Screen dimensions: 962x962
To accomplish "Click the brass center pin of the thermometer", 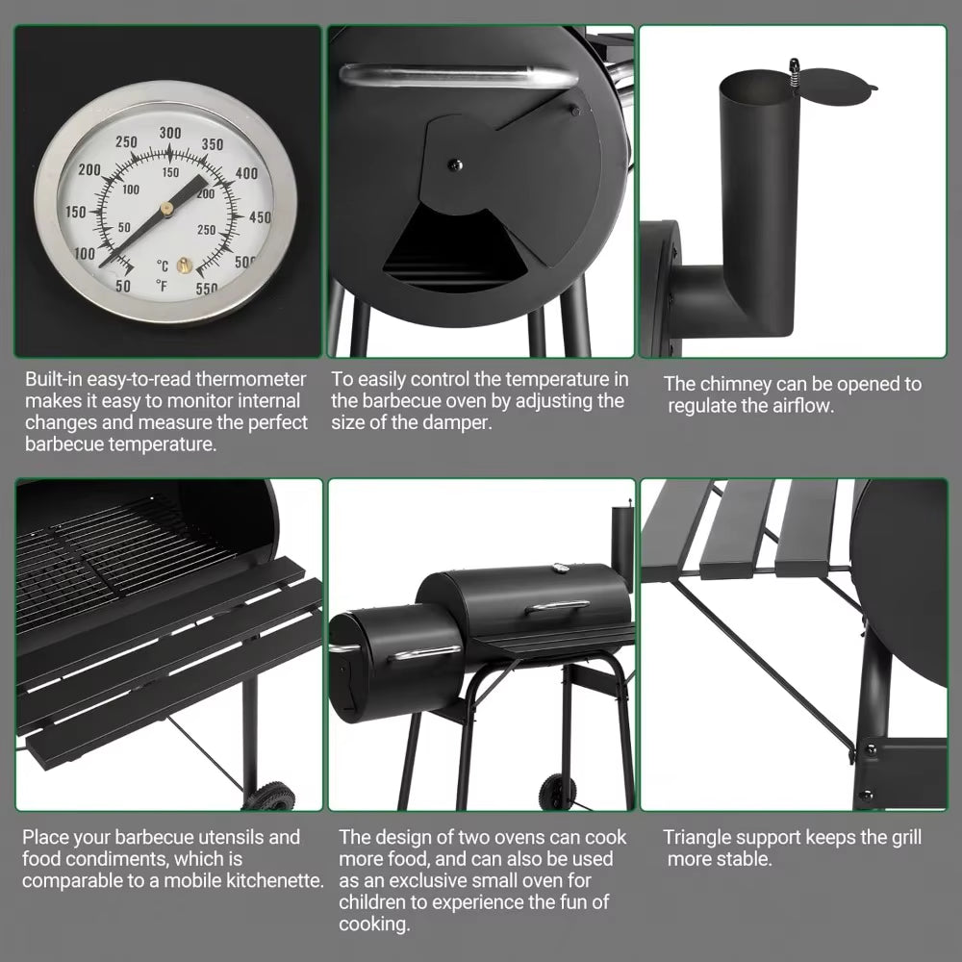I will (x=166, y=207).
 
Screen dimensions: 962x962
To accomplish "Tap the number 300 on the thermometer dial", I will (x=170, y=133).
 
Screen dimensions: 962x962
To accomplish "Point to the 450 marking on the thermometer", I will (x=260, y=217).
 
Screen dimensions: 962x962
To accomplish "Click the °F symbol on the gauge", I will (x=162, y=285).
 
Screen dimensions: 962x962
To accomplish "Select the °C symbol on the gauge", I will (x=162, y=266).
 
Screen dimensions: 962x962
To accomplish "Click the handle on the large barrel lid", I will (x=557, y=606).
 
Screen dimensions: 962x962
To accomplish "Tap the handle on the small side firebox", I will (x=426, y=654).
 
